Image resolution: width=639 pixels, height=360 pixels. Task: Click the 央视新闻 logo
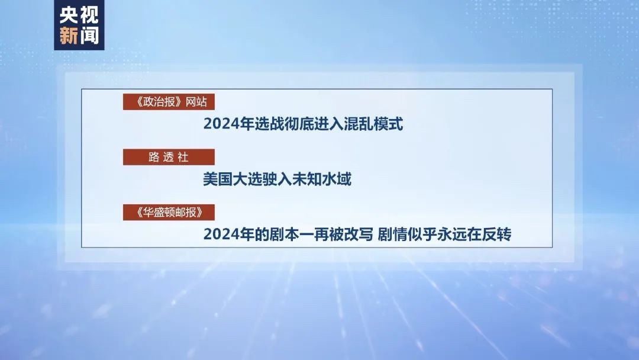click(x=79, y=25)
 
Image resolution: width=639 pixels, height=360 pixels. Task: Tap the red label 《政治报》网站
click(x=168, y=101)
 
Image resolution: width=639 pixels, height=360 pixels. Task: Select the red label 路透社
click(x=168, y=157)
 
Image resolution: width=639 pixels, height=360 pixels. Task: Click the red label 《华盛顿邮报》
click(x=168, y=212)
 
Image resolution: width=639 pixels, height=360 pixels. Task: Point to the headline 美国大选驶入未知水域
click(x=277, y=179)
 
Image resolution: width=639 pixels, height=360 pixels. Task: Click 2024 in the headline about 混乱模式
click(x=219, y=124)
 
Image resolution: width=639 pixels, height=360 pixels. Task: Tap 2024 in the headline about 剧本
click(x=219, y=234)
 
